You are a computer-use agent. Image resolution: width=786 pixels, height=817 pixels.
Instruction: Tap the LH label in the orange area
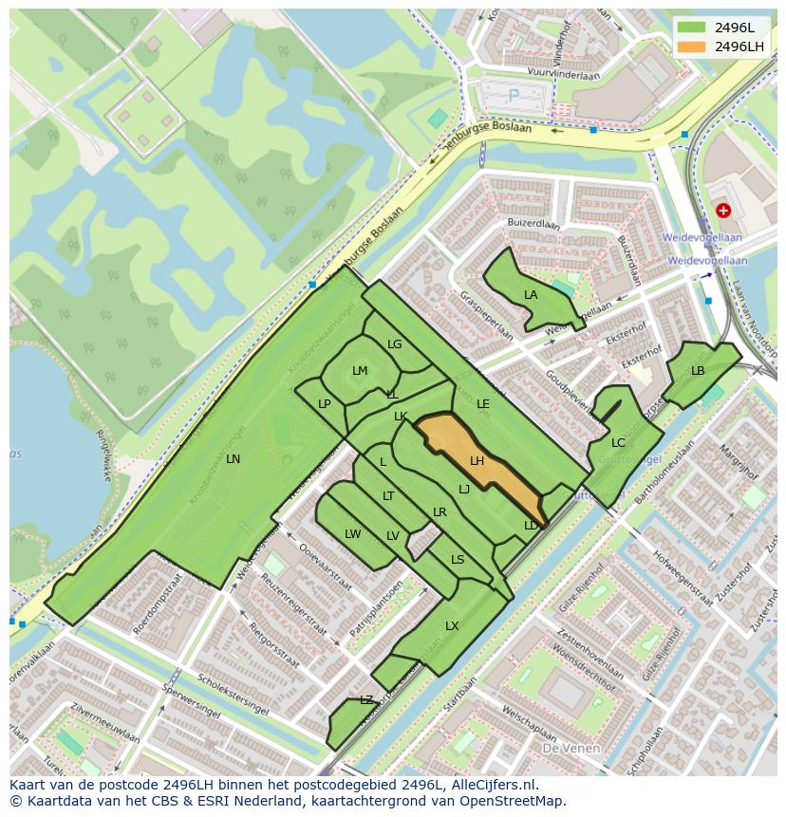[477, 461]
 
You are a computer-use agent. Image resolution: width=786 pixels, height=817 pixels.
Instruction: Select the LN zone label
[233, 459]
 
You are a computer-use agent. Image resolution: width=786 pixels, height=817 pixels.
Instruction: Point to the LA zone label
[531, 295]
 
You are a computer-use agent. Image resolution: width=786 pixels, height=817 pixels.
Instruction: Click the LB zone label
[698, 371]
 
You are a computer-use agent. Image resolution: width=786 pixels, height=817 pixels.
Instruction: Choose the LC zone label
[618, 443]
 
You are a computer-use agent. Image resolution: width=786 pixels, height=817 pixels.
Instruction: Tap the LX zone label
[452, 626]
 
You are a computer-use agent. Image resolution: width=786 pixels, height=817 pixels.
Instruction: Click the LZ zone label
[366, 700]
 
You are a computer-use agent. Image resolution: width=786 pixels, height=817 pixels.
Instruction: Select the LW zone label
[353, 534]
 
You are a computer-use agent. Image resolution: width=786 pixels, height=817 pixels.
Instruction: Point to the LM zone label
[360, 371]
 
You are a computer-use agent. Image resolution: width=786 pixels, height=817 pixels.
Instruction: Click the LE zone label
[483, 404]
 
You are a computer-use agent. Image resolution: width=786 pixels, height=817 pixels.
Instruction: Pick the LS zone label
[458, 560]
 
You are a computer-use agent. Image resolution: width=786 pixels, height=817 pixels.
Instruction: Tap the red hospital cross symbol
[724, 210]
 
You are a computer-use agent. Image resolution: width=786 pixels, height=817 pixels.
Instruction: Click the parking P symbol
[515, 95]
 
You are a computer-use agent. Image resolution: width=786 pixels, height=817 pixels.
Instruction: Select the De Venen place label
[572, 748]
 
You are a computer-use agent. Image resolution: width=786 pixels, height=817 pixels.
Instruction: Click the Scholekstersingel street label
[233, 695]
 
